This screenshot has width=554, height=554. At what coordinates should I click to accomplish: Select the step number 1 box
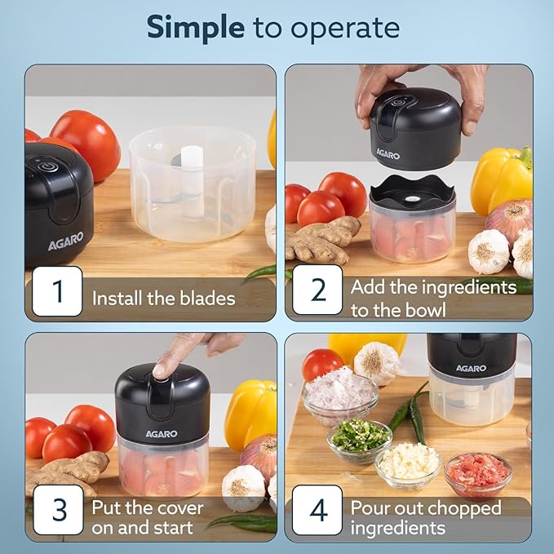(x=57, y=291)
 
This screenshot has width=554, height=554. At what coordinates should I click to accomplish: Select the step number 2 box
(x=317, y=291)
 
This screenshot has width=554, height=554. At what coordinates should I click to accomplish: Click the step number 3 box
(x=57, y=510)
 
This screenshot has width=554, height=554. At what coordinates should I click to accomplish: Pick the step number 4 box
(x=317, y=510)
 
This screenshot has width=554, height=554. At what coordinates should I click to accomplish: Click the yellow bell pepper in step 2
(x=500, y=179)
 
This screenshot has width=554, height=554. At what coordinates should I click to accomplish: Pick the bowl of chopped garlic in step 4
(x=409, y=463)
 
